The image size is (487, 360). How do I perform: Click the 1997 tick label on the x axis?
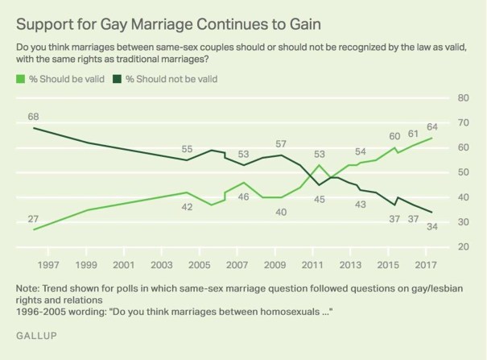(48, 265)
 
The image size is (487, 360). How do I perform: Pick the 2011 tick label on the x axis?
(312, 265)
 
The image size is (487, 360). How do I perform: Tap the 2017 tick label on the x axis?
(425, 265)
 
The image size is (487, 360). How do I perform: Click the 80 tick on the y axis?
(462, 97)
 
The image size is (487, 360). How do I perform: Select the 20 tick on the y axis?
(462, 246)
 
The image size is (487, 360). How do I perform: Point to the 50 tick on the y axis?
(462, 172)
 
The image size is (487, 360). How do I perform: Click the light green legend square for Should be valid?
(20, 79)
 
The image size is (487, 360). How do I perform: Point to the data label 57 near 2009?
(282, 143)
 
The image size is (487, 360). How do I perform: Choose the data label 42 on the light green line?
(187, 206)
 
